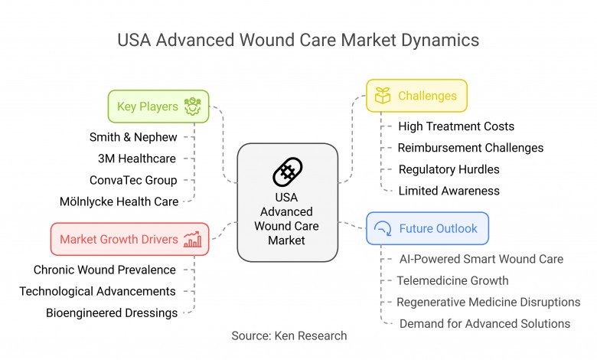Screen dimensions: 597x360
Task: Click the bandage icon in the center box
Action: click(288, 172)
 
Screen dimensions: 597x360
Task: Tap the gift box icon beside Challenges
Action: click(383, 95)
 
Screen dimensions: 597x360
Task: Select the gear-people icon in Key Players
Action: click(192, 106)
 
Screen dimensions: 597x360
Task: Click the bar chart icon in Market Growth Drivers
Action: click(192, 239)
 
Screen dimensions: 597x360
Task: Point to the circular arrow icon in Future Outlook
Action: click(383, 228)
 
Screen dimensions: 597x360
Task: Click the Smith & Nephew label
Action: click(133, 137)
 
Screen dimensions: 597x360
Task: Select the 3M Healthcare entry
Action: click(137, 159)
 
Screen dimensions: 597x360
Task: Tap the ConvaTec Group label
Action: click(133, 180)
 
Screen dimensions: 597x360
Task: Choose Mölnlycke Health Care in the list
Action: click(119, 201)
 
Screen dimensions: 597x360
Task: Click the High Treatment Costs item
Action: click(456, 126)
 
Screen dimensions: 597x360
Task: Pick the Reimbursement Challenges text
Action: click(471, 148)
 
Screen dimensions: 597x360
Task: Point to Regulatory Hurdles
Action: click(449, 169)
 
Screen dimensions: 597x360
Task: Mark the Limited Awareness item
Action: click(449, 191)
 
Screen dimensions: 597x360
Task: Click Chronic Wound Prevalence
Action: click(105, 270)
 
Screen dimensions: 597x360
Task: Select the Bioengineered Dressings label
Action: click(112, 313)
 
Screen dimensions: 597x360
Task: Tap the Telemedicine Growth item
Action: click(452, 281)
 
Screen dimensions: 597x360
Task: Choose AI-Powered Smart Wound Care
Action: click(481, 259)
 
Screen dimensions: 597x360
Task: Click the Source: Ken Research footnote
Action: click(289, 335)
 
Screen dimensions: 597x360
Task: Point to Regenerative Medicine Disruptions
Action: click(488, 302)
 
